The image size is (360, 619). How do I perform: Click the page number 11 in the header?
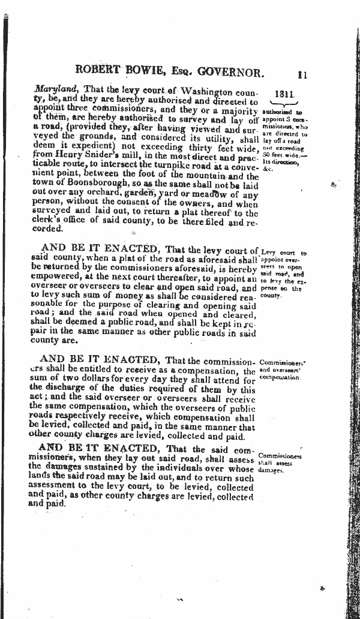point(301,74)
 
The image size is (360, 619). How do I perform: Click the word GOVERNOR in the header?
point(228,73)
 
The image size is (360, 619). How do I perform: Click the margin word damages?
point(269,471)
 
